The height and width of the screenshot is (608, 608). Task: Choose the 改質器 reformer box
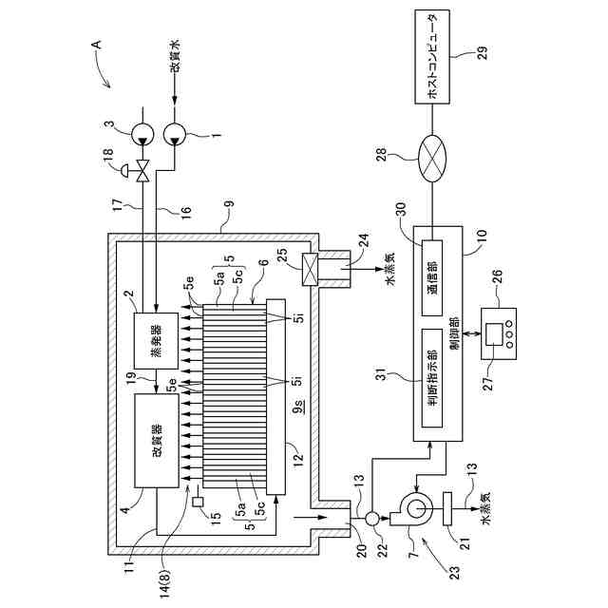[x=158, y=443]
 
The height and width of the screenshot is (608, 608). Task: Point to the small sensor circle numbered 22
[x=371, y=518]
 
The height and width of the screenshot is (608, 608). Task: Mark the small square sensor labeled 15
[x=197, y=502]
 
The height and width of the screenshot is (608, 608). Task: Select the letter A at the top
[x=95, y=45]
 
